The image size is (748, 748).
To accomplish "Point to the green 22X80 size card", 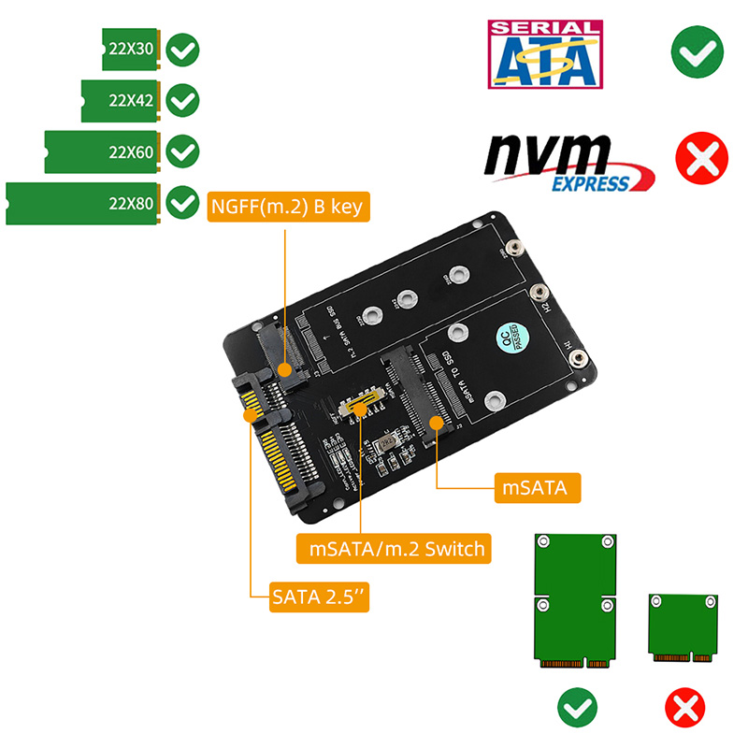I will pos(84,204).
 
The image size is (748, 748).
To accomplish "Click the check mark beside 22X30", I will pos(183,49).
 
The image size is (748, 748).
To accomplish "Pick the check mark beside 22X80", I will pos(181,203).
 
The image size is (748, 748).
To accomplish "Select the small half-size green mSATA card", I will pos(687,629).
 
